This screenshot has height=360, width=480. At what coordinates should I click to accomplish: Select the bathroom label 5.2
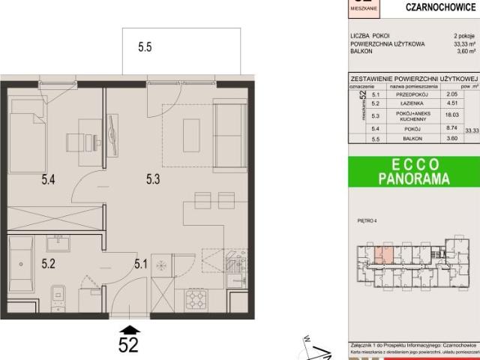pos(49,263)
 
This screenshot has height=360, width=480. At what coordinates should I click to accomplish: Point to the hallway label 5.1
pos(141,263)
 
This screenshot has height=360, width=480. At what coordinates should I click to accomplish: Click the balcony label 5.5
pos(145,47)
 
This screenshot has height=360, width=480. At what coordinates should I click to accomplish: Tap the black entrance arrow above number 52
pos(129,329)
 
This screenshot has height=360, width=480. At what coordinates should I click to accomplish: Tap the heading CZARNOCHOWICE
pos(436,8)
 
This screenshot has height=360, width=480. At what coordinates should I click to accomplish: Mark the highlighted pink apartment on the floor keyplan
pos(382,254)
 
